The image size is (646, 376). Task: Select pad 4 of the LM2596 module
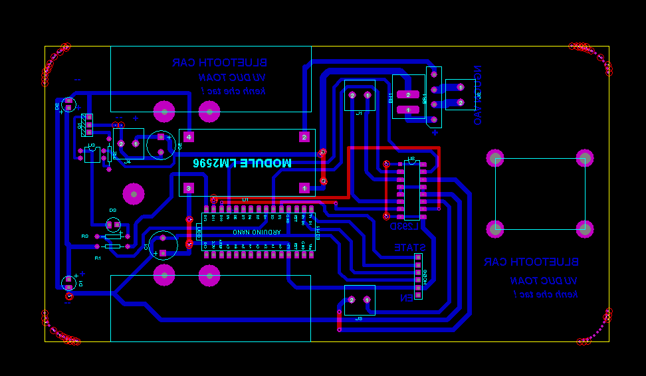tap(189, 138)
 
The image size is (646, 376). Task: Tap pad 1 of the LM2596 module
tap(304, 189)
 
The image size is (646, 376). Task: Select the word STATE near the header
tap(410, 247)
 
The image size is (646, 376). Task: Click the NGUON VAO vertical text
tap(477, 95)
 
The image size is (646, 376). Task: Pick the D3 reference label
tap(113, 210)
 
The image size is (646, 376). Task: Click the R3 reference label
tap(84, 236)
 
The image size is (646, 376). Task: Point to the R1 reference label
tap(98, 256)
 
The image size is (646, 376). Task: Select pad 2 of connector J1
tap(352, 96)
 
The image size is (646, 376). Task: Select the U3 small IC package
tap(93, 155)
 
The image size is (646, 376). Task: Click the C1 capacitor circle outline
tap(163, 244)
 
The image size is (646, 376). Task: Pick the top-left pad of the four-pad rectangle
tap(495, 158)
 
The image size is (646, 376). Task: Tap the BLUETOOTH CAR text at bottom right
tap(531, 262)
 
